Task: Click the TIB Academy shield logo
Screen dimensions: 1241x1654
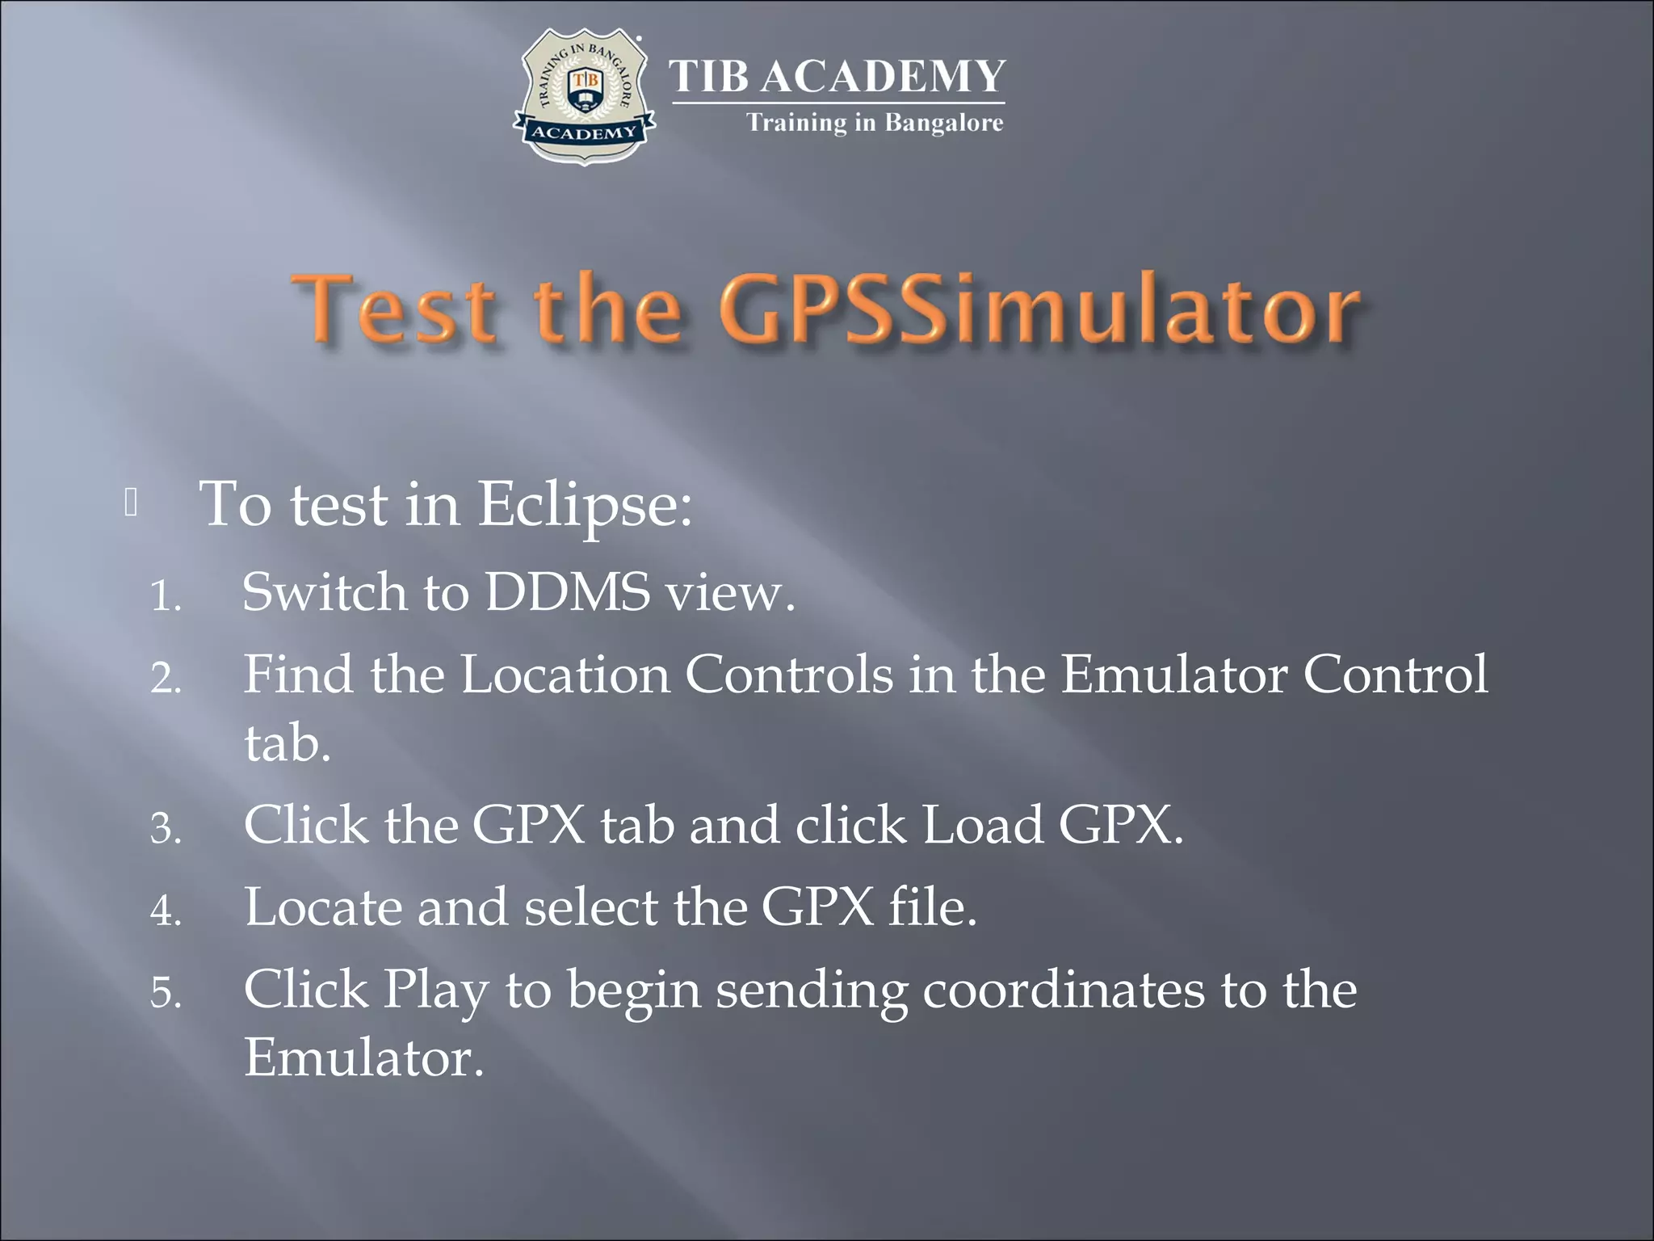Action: tap(584, 96)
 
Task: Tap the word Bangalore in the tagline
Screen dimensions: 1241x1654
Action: tap(944, 123)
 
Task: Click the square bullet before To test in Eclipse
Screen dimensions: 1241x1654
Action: tap(132, 503)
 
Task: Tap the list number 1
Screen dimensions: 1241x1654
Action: tap(165, 598)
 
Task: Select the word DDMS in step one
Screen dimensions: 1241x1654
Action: tap(567, 592)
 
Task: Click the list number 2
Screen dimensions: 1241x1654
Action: tap(165, 679)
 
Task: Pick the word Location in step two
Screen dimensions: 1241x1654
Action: tap(565, 674)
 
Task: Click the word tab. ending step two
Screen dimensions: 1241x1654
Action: tap(288, 743)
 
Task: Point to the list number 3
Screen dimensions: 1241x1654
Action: tap(165, 830)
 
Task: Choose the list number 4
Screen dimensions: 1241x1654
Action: tap(165, 911)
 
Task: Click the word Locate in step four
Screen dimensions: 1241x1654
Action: tap(323, 907)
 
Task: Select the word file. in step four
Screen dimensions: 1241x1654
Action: tap(933, 907)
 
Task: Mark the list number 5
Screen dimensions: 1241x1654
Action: tap(165, 994)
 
